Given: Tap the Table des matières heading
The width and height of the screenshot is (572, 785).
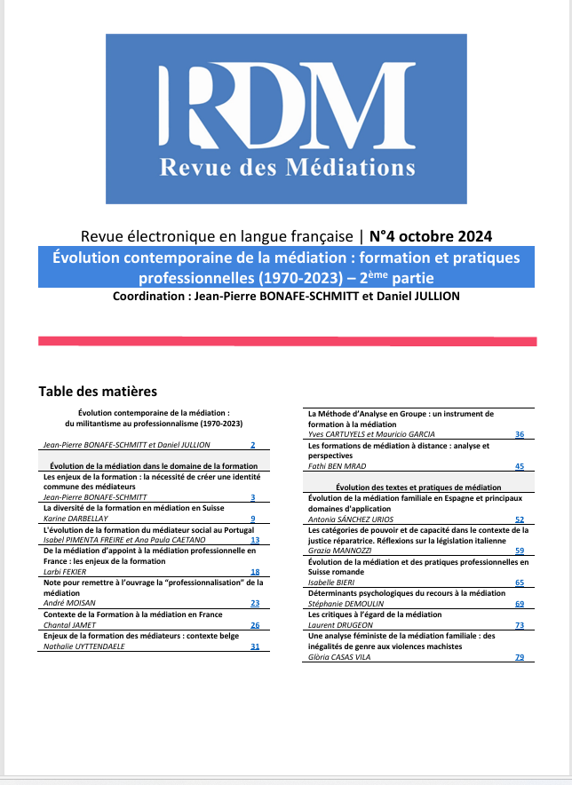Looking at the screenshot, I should pos(98,391).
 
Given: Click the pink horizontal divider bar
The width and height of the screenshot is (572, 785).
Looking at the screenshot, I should pos(287,341).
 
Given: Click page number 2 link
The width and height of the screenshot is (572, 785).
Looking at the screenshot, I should pos(253,444).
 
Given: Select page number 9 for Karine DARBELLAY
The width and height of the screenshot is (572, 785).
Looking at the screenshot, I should pos(253,519).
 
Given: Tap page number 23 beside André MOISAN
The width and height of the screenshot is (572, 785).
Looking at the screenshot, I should pos(255,603).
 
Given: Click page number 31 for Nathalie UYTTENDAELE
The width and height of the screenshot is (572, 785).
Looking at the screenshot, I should pos(255,646).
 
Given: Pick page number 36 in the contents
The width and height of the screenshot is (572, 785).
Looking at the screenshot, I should pos(520,434).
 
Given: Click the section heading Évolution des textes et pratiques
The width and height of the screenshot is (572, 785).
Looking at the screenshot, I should pos(418,488).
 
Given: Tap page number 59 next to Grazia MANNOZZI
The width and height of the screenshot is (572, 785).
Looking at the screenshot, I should pos(520,551).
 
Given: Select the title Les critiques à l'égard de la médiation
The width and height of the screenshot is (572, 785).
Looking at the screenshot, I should pos(374,615).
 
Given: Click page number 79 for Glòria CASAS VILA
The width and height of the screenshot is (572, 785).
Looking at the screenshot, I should pos(520,657).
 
